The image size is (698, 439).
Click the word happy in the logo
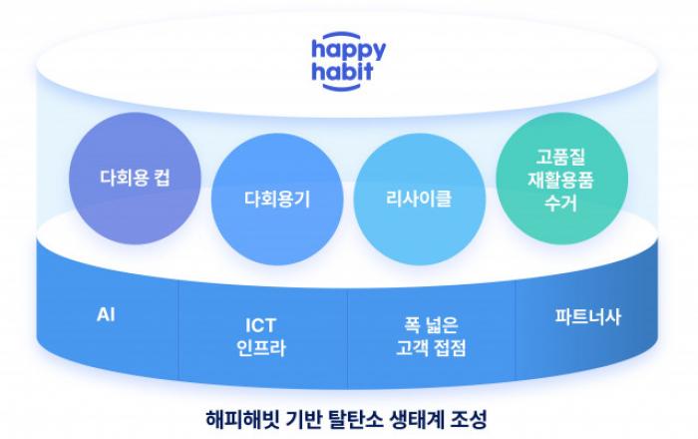tap(349, 51)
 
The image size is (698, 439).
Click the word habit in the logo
tap(342, 72)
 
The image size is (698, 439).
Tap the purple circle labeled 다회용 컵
tap(135, 178)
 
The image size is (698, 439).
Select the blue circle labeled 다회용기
tap(277, 199)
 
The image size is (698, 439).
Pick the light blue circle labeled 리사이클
tap(420, 199)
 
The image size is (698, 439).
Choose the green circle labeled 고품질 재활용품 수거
tap(561, 178)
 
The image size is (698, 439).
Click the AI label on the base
tap(106, 314)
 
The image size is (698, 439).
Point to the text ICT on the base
tap(261, 325)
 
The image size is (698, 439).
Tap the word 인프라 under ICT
tap(261, 348)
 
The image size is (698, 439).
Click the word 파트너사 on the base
tap(587, 317)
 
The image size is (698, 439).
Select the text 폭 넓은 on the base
tap(431, 325)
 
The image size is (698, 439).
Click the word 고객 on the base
tap(412, 348)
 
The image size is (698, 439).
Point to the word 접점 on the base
tap(451, 348)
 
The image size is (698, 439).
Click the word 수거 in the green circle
tap(560, 203)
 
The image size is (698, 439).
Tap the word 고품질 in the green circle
tap(560, 157)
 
